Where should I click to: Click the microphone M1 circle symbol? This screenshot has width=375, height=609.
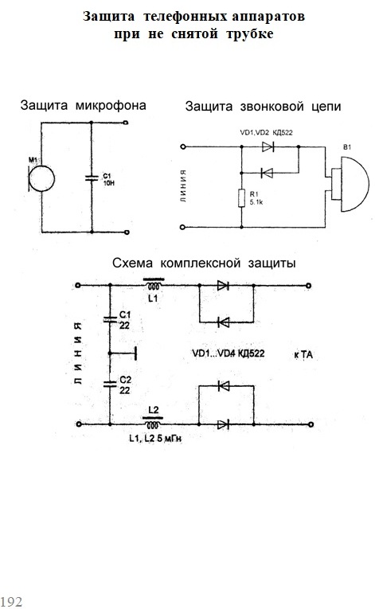click(x=42, y=178)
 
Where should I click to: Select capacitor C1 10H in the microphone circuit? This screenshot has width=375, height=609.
click(x=92, y=178)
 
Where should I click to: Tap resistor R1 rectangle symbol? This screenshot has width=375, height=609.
click(x=241, y=198)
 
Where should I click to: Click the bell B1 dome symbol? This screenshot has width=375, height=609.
click(x=350, y=185)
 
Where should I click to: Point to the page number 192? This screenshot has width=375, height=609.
click(x=11, y=601)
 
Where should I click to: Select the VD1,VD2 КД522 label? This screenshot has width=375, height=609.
click(x=266, y=132)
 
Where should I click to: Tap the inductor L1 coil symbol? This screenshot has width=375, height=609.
click(x=154, y=285)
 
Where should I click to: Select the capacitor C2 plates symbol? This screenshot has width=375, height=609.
click(x=110, y=384)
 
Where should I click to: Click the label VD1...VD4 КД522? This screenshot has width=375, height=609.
click(x=229, y=353)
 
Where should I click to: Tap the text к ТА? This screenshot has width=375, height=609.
click(x=303, y=354)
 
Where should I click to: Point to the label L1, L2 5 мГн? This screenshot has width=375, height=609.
click(x=155, y=439)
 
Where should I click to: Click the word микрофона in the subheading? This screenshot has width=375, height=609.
click(x=111, y=105)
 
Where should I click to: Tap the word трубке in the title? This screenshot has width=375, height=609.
click(x=250, y=33)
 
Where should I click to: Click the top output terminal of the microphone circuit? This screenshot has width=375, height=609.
click(x=126, y=123)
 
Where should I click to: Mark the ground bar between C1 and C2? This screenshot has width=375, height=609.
click(x=135, y=353)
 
